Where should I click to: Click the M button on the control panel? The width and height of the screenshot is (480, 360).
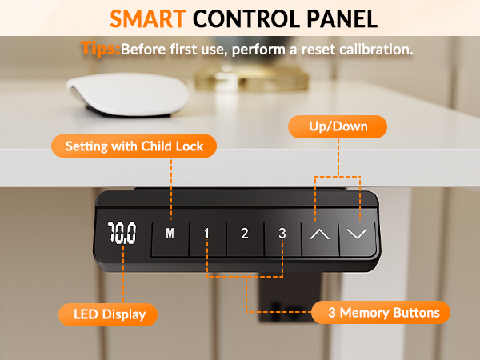pyautogui.click(x=170, y=238)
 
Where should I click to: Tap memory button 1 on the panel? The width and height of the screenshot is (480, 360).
pyautogui.click(x=208, y=238)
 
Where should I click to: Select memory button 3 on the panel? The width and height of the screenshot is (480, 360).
pyautogui.click(x=282, y=238)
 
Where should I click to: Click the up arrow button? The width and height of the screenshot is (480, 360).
pyautogui.click(x=320, y=238)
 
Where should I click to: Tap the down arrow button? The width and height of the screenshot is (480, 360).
pyautogui.click(x=358, y=238)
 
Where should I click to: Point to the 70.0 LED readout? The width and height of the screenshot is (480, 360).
pyautogui.click(x=122, y=234)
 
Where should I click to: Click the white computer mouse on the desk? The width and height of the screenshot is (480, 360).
pyautogui.click(x=128, y=95)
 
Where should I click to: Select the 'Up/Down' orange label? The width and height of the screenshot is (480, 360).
pyautogui.click(x=338, y=126)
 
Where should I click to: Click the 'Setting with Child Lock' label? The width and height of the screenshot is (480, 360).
pyautogui.click(x=134, y=146)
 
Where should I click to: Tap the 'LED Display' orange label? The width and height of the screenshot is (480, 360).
pyautogui.click(x=108, y=314)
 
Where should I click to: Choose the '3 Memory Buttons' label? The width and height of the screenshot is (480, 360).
pyautogui.click(x=381, y=313)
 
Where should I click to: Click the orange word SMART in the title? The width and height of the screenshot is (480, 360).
pyautogui.click(x=148, y=19)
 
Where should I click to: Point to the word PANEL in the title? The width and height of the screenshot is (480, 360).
pyautogui.click(x=342, y=19)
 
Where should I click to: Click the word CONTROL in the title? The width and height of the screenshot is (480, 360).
pyautogui.click(x=246, y=19)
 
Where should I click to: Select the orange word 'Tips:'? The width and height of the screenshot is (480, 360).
pyautogui.click(x=101, y=48)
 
